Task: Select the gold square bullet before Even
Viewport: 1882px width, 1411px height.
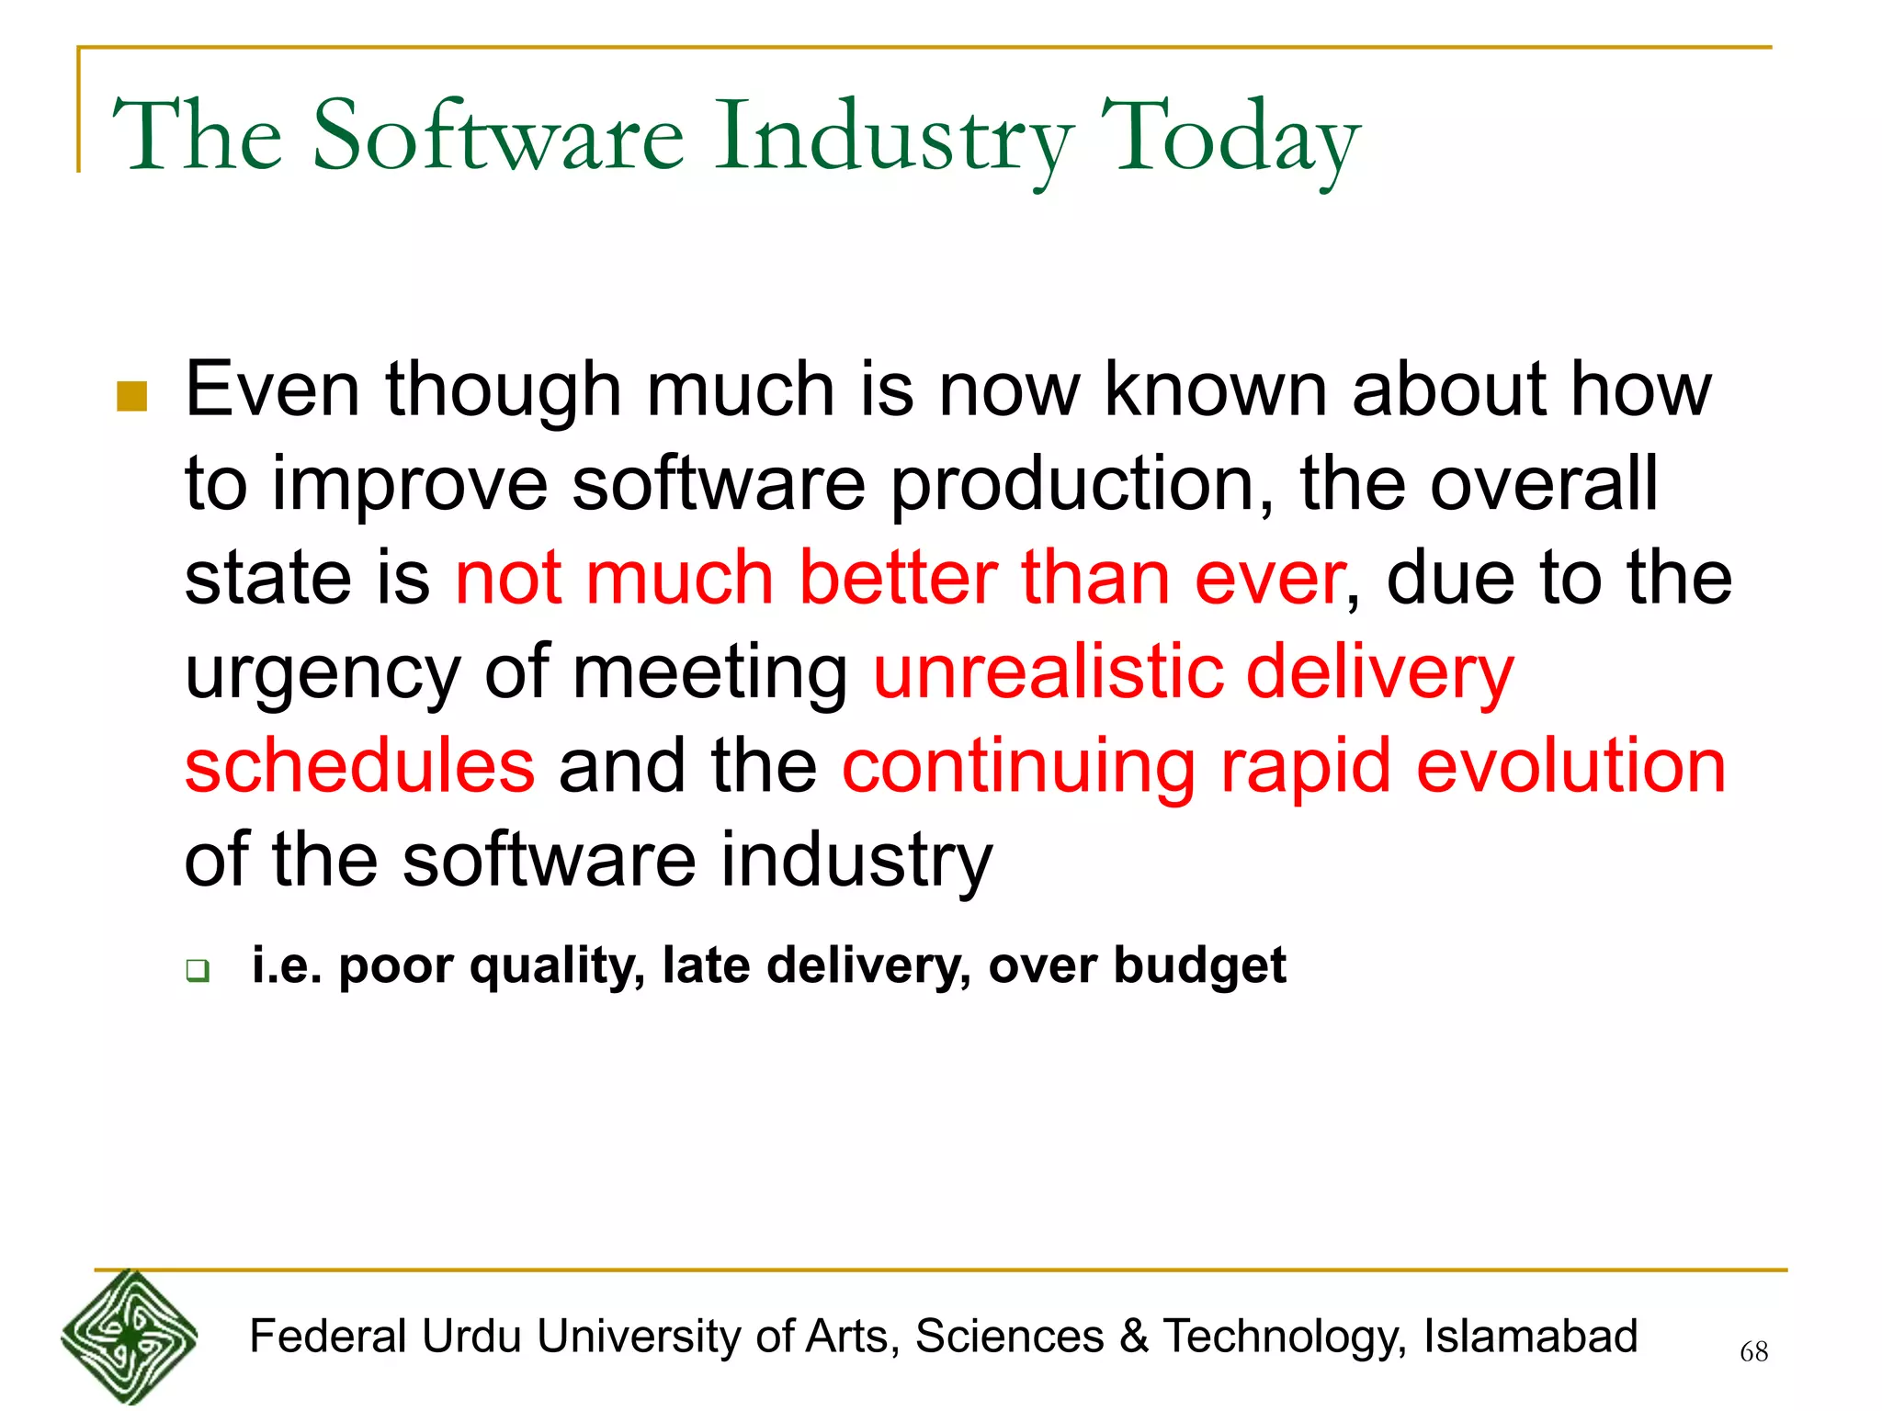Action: tap(132, 397)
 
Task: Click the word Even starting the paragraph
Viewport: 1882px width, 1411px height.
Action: tap(272, 390)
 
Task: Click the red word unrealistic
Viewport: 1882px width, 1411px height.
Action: tap(1048, 672)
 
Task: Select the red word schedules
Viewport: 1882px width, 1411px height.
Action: tap(359, 767)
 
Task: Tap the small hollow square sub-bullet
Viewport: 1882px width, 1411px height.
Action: tap(198, 970)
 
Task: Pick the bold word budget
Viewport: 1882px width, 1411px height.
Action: tap(1199, 967)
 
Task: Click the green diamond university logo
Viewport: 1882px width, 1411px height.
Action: tap(130, 1337)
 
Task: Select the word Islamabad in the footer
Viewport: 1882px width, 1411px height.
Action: tap(1530, 1337)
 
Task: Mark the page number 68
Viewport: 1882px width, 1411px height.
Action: tap(1753, 1351)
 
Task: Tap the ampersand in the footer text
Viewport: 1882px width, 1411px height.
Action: tap(1134, 1337)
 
